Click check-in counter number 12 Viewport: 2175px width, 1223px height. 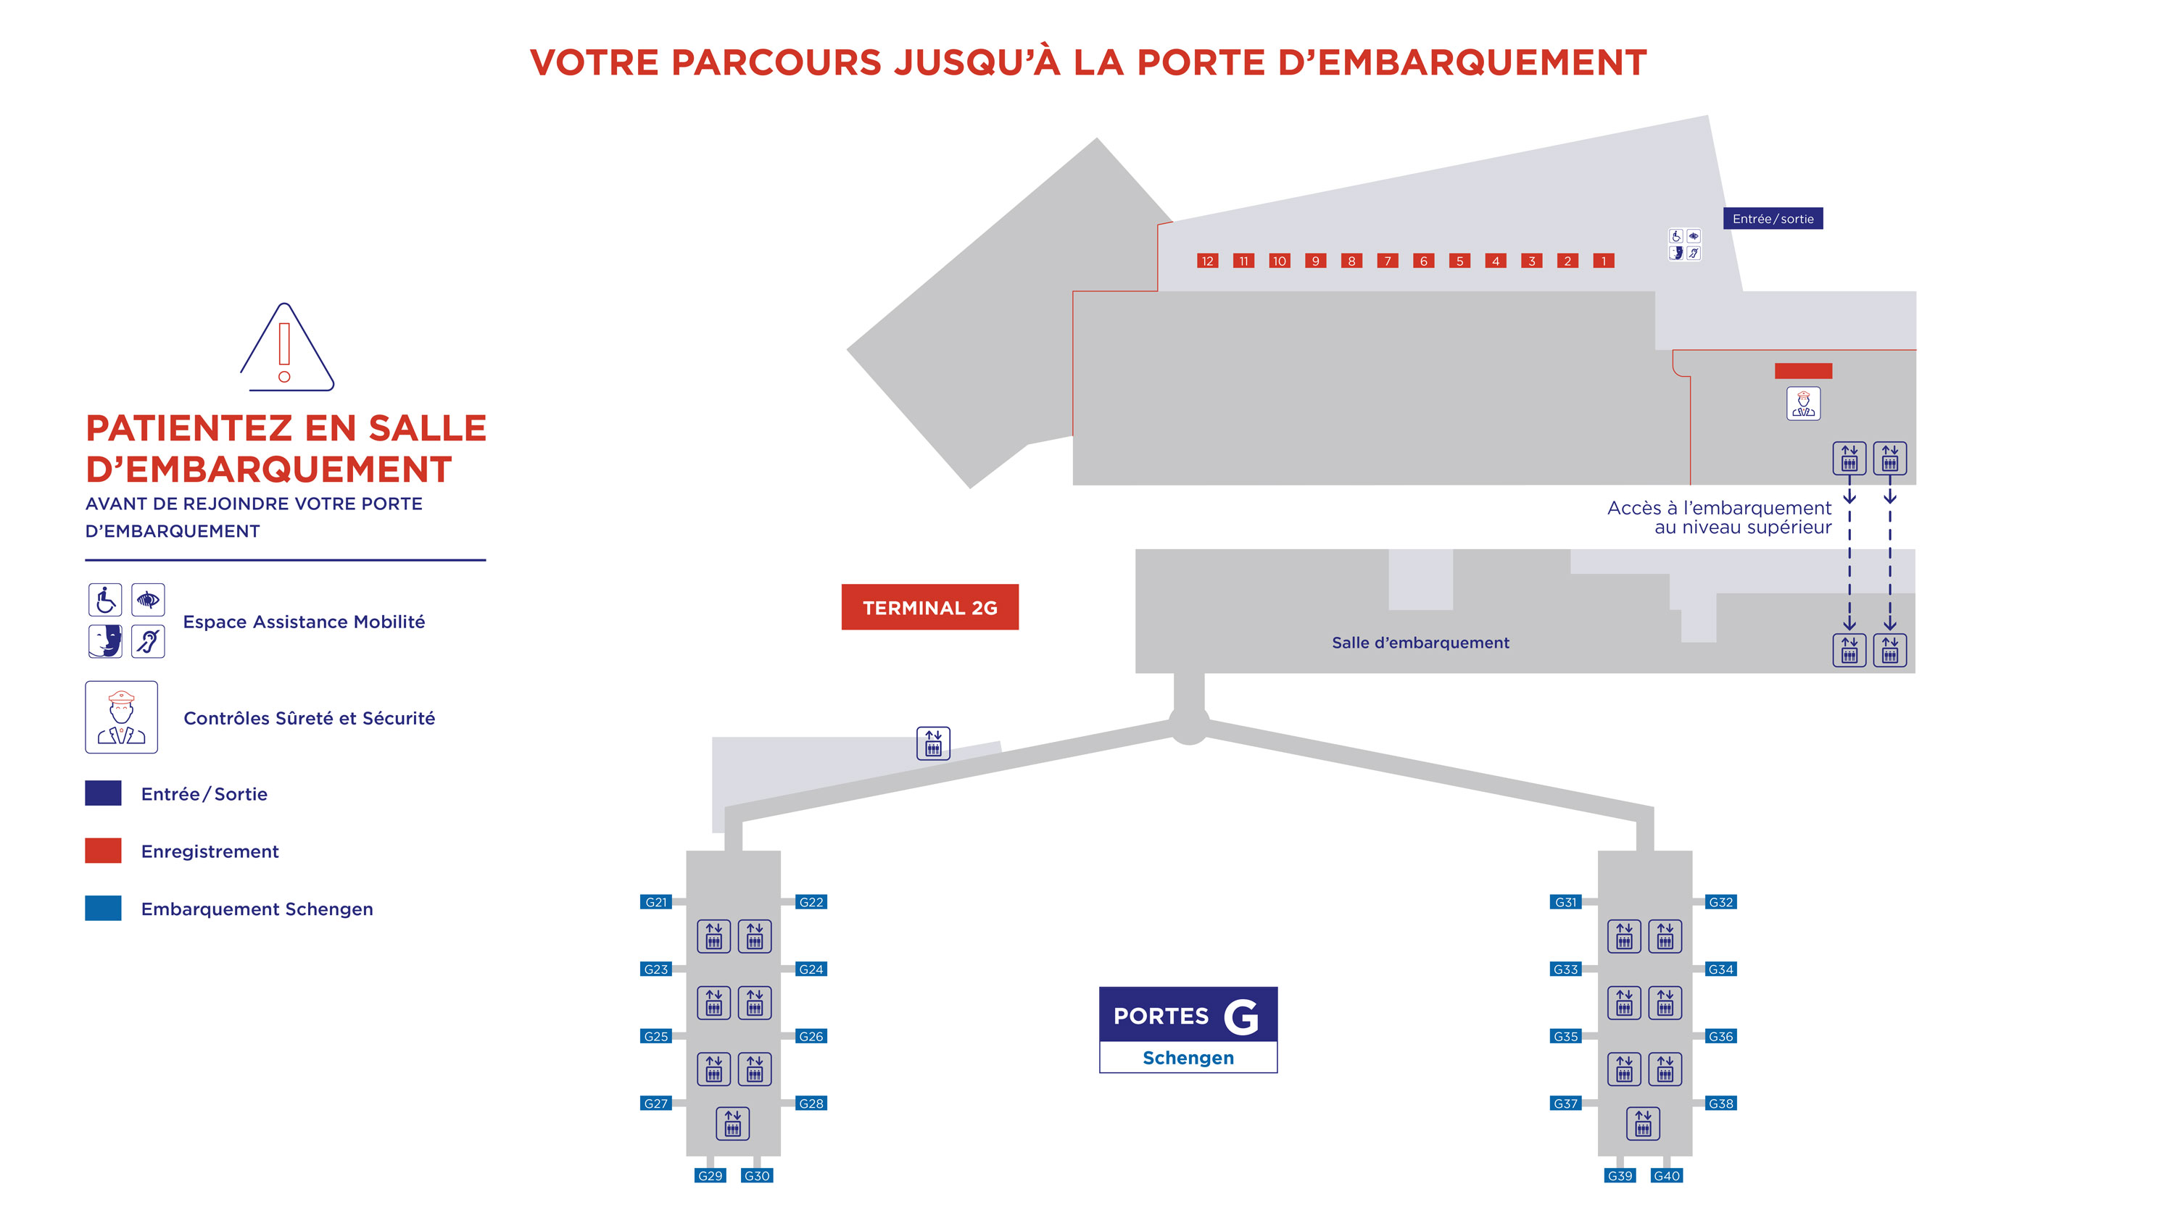1207,261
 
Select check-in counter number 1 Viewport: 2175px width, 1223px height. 1604,261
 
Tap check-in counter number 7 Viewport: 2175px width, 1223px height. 1387,261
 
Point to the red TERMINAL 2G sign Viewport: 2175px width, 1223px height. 929,607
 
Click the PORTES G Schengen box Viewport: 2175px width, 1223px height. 1188,1030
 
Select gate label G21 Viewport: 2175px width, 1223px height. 656,902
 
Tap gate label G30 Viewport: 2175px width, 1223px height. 756,1176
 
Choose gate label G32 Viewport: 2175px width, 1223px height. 1720,902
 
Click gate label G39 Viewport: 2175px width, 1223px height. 1620,1176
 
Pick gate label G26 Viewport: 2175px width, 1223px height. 811,1037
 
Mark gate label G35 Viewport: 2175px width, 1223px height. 1565,1037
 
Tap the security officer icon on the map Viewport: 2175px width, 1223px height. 1804,404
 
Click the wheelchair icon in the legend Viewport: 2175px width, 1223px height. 106,600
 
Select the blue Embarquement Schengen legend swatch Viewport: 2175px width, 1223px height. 103,908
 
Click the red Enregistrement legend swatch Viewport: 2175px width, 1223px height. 103,851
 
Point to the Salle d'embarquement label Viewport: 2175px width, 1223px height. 1420,643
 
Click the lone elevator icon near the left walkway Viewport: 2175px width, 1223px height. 933,743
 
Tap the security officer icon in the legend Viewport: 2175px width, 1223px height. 122,717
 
